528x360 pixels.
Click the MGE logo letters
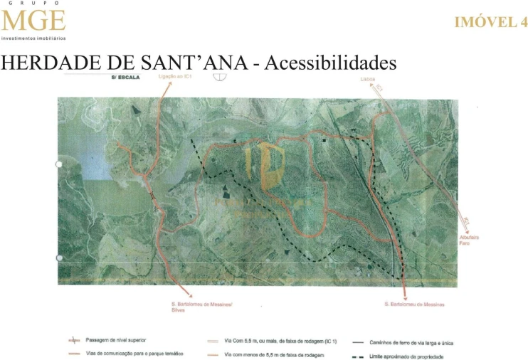click(33, 21)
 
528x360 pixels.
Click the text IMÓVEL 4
click(490, 22)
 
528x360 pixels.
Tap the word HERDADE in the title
click(59, 63)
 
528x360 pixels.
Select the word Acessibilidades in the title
click(330, 63)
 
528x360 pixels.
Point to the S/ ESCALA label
click(125, 78)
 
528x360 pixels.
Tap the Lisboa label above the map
click(367, 80)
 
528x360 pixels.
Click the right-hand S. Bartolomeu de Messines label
click(414, 305)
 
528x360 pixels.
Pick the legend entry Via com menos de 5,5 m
click(274, 354)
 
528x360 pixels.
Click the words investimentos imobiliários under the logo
click(33, 38)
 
